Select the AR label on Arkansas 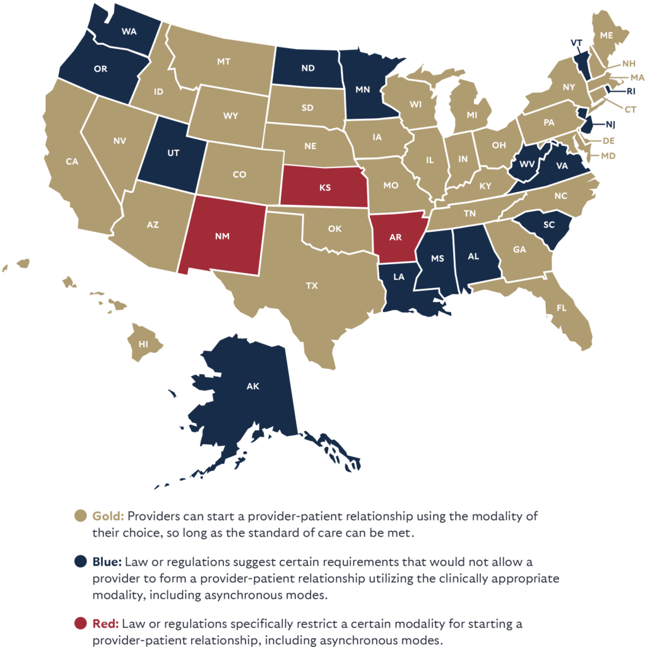(x=396, y=237)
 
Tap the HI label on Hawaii (x=145, y=343)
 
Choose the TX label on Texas (x=312, y=286)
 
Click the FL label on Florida (x=561, y=309)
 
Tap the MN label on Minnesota (x=362, y=89)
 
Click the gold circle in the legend (x=80, y=516)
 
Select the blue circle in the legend (x=80, y=561)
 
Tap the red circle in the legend (x=80, y=624)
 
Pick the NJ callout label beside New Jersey (x=610, y=124)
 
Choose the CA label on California (x=72, y=162)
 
